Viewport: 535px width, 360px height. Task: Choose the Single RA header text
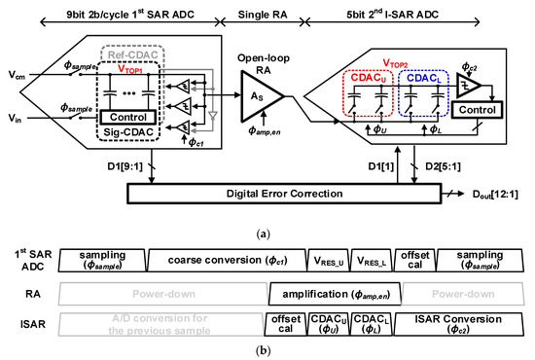point(262,11)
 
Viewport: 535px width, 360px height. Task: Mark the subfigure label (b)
point(267,350)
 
